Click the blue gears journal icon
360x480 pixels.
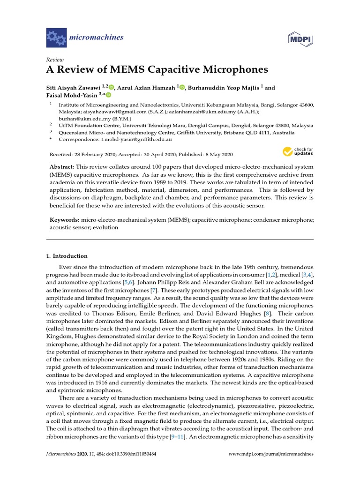coord(56,37)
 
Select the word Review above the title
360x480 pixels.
coord(54,60)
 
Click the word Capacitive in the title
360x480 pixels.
coord(178,70)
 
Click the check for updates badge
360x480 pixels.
coord(298,152)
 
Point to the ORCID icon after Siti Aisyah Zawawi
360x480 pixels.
coord(111,87)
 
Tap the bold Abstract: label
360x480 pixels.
coord(63,167)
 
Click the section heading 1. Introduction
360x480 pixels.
coord(66,256)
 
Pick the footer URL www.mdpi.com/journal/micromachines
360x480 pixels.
coord(270,454)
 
